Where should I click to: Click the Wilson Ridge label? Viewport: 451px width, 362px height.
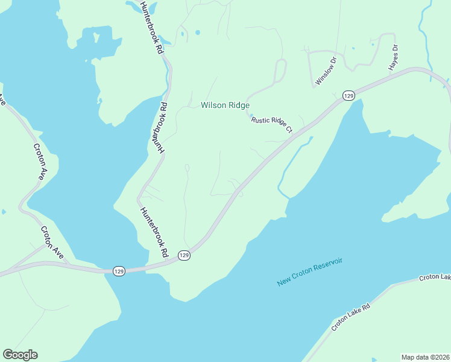click(225, 105)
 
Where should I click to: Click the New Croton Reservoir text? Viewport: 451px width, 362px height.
click(310, 272)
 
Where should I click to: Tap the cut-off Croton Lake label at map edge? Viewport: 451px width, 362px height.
click(435, 278)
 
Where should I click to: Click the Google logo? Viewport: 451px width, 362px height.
click(20, 355)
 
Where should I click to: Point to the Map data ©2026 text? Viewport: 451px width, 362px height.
click(425, 357)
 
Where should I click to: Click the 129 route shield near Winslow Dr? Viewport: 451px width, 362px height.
click(348, 95)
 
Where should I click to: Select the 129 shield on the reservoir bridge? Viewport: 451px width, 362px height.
click(118, 271)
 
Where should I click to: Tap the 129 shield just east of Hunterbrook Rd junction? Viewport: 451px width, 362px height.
click(184, 256)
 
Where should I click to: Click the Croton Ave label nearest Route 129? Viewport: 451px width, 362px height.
click(52, 242)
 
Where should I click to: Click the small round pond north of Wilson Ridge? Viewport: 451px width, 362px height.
click(198, 33)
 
